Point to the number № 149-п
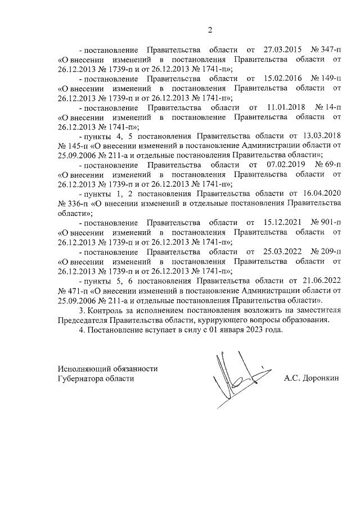click(326, 78)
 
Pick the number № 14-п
click(328, 107)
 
